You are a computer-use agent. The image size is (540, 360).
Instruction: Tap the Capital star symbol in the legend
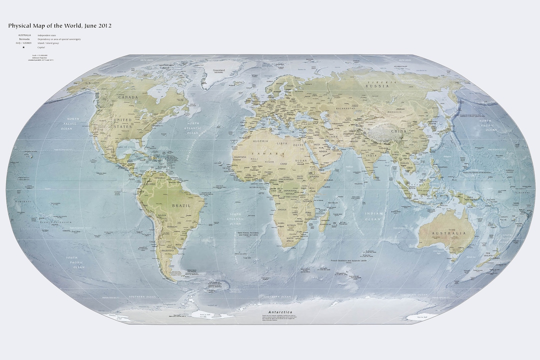tap(23, 47)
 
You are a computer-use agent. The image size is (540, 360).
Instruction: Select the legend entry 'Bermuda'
tap(24, 39)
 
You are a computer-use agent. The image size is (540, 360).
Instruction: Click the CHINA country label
tap(398, 131)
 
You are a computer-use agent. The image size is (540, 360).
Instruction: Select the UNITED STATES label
tap(122, 123)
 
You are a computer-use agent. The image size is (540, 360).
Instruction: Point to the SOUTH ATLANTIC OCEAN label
tap(234, 220)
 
